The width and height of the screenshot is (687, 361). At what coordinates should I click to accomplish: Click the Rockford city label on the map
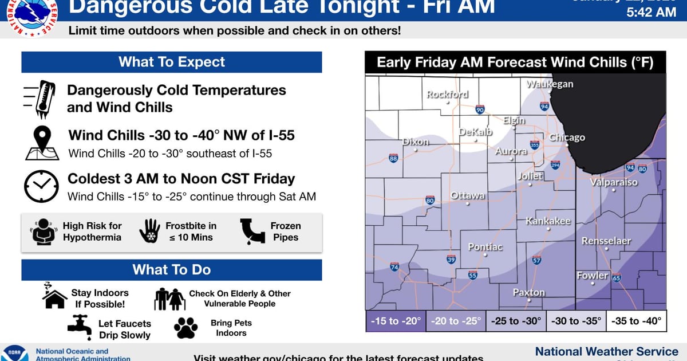(x=447, y=94)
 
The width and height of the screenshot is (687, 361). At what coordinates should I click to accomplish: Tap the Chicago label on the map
(x=567, y=138)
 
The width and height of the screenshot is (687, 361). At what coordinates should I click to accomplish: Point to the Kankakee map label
(x=548, y=221)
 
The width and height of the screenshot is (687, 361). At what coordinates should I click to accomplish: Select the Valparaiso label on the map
(x=614, y=182)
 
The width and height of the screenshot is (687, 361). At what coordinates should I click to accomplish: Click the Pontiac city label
(x=485, y=247)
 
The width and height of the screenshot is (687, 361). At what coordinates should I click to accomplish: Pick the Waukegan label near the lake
(x=550, y=84)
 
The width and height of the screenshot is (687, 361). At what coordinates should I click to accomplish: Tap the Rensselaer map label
(x=606, y=241)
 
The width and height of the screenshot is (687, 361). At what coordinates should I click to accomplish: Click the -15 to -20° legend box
(x=395, y=321)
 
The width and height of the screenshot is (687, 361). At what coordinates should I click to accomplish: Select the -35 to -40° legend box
(x=637, y=321)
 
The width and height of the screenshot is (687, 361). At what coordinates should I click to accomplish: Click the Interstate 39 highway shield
(x=451, y=260)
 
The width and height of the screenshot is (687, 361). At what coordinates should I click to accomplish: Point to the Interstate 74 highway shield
(x=394, y=267)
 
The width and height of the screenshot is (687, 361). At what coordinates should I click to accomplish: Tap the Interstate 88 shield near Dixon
(x=393, y=158)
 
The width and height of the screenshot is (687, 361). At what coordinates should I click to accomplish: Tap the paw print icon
(x=185, y=327)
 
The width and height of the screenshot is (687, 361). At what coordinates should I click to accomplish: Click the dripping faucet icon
(x=80, y=324)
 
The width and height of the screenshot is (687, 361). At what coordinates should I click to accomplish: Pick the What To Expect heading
(x=172, y=62)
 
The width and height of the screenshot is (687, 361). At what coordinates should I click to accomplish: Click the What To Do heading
(x=172, y=269)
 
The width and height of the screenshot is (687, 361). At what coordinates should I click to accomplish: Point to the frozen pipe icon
(x=250, y=231)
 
